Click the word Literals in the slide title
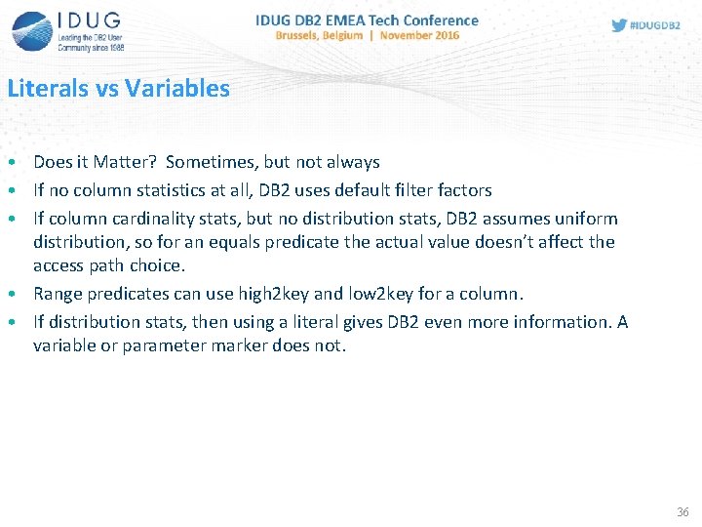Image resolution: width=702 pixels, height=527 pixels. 48,89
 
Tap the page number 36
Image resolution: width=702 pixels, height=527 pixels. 682,512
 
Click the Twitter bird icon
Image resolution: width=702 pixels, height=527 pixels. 619,25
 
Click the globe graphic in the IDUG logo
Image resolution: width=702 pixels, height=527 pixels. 31,29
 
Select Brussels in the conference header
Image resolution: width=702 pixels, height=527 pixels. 305,35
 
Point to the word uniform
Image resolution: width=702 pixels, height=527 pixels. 588,219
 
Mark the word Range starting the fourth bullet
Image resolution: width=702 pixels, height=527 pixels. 56,294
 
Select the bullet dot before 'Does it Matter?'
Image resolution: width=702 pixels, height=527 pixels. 9,162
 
